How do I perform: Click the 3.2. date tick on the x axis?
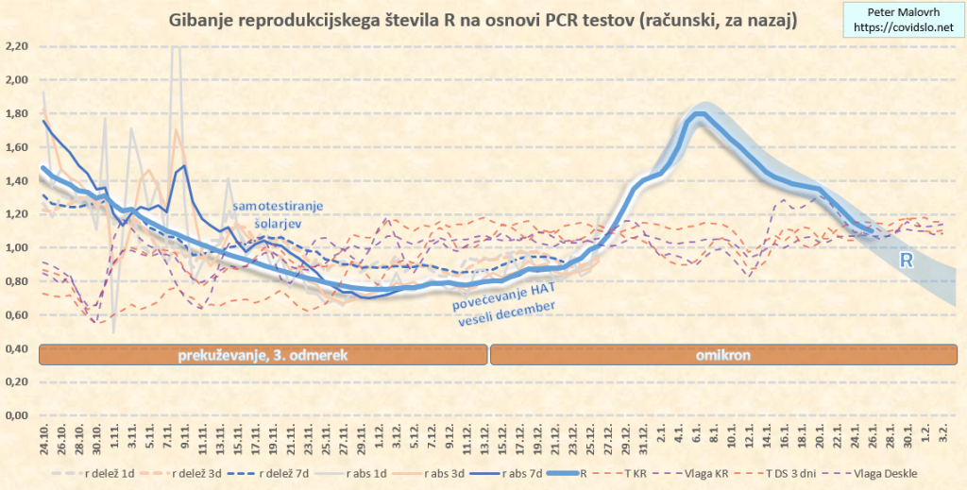click(942, 441)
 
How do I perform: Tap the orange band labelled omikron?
click(722, 355)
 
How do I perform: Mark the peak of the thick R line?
click(700, 115)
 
